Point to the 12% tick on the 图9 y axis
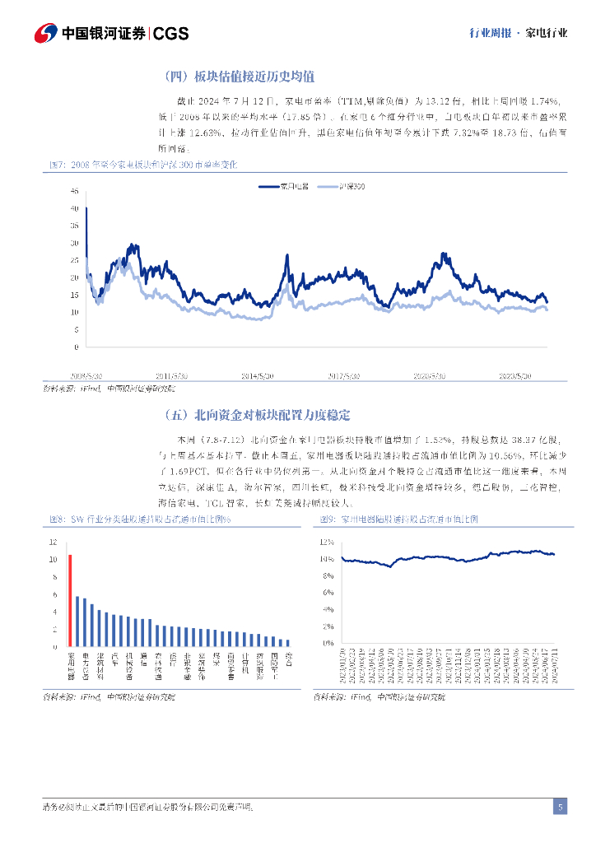(x=327, y=542)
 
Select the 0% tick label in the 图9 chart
(x=328, y=643)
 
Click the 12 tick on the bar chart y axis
(x=53, y=542)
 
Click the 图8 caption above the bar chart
(x=140, y=519)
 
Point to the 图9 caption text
(x=398, y=519)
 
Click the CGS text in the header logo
(x=171, y=34)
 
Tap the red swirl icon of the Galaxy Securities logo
(x=46, y=33)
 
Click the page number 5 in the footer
(x=560, y=807)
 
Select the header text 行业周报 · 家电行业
(x=518, y=34)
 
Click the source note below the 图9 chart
(x=379, y=697)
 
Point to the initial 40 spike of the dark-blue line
(x=86, y=207)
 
